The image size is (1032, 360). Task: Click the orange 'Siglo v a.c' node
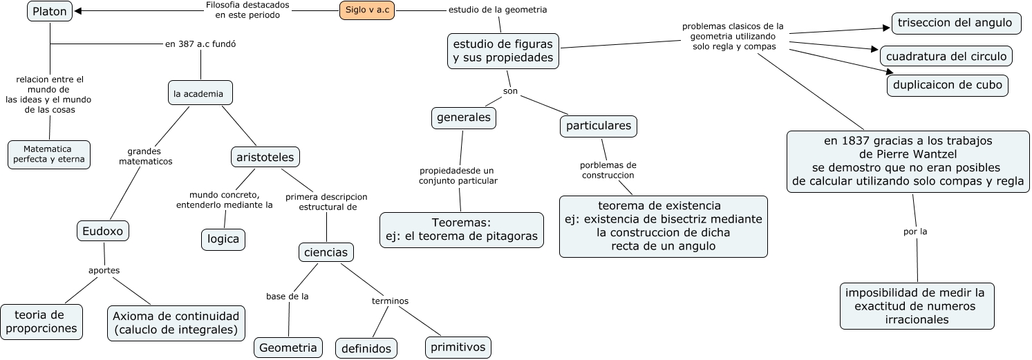pos(367,10)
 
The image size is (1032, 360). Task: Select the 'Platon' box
pos(50,12)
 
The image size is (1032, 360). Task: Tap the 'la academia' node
pos(200,93)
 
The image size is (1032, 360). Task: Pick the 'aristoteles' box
pos(265,158)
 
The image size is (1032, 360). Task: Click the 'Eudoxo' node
pos(103,231)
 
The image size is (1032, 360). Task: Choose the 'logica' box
pos(223,239)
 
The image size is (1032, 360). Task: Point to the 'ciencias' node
pos(326,252)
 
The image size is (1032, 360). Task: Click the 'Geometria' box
pos(288,348)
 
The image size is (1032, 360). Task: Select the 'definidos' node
pos(367,348)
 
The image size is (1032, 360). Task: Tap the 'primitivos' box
pos(458,346)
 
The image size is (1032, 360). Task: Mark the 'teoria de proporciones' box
pos(41,322)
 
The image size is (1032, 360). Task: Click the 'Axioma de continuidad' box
pos(177,323)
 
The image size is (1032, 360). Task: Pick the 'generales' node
pos(464,117)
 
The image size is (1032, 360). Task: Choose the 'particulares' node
pos(599,126)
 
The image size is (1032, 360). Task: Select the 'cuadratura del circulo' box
pos(946,56)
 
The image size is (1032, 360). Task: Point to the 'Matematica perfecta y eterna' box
pos(49,154)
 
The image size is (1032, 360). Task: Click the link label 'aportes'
pos(104,270)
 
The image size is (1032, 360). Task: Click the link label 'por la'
pos(915,231)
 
